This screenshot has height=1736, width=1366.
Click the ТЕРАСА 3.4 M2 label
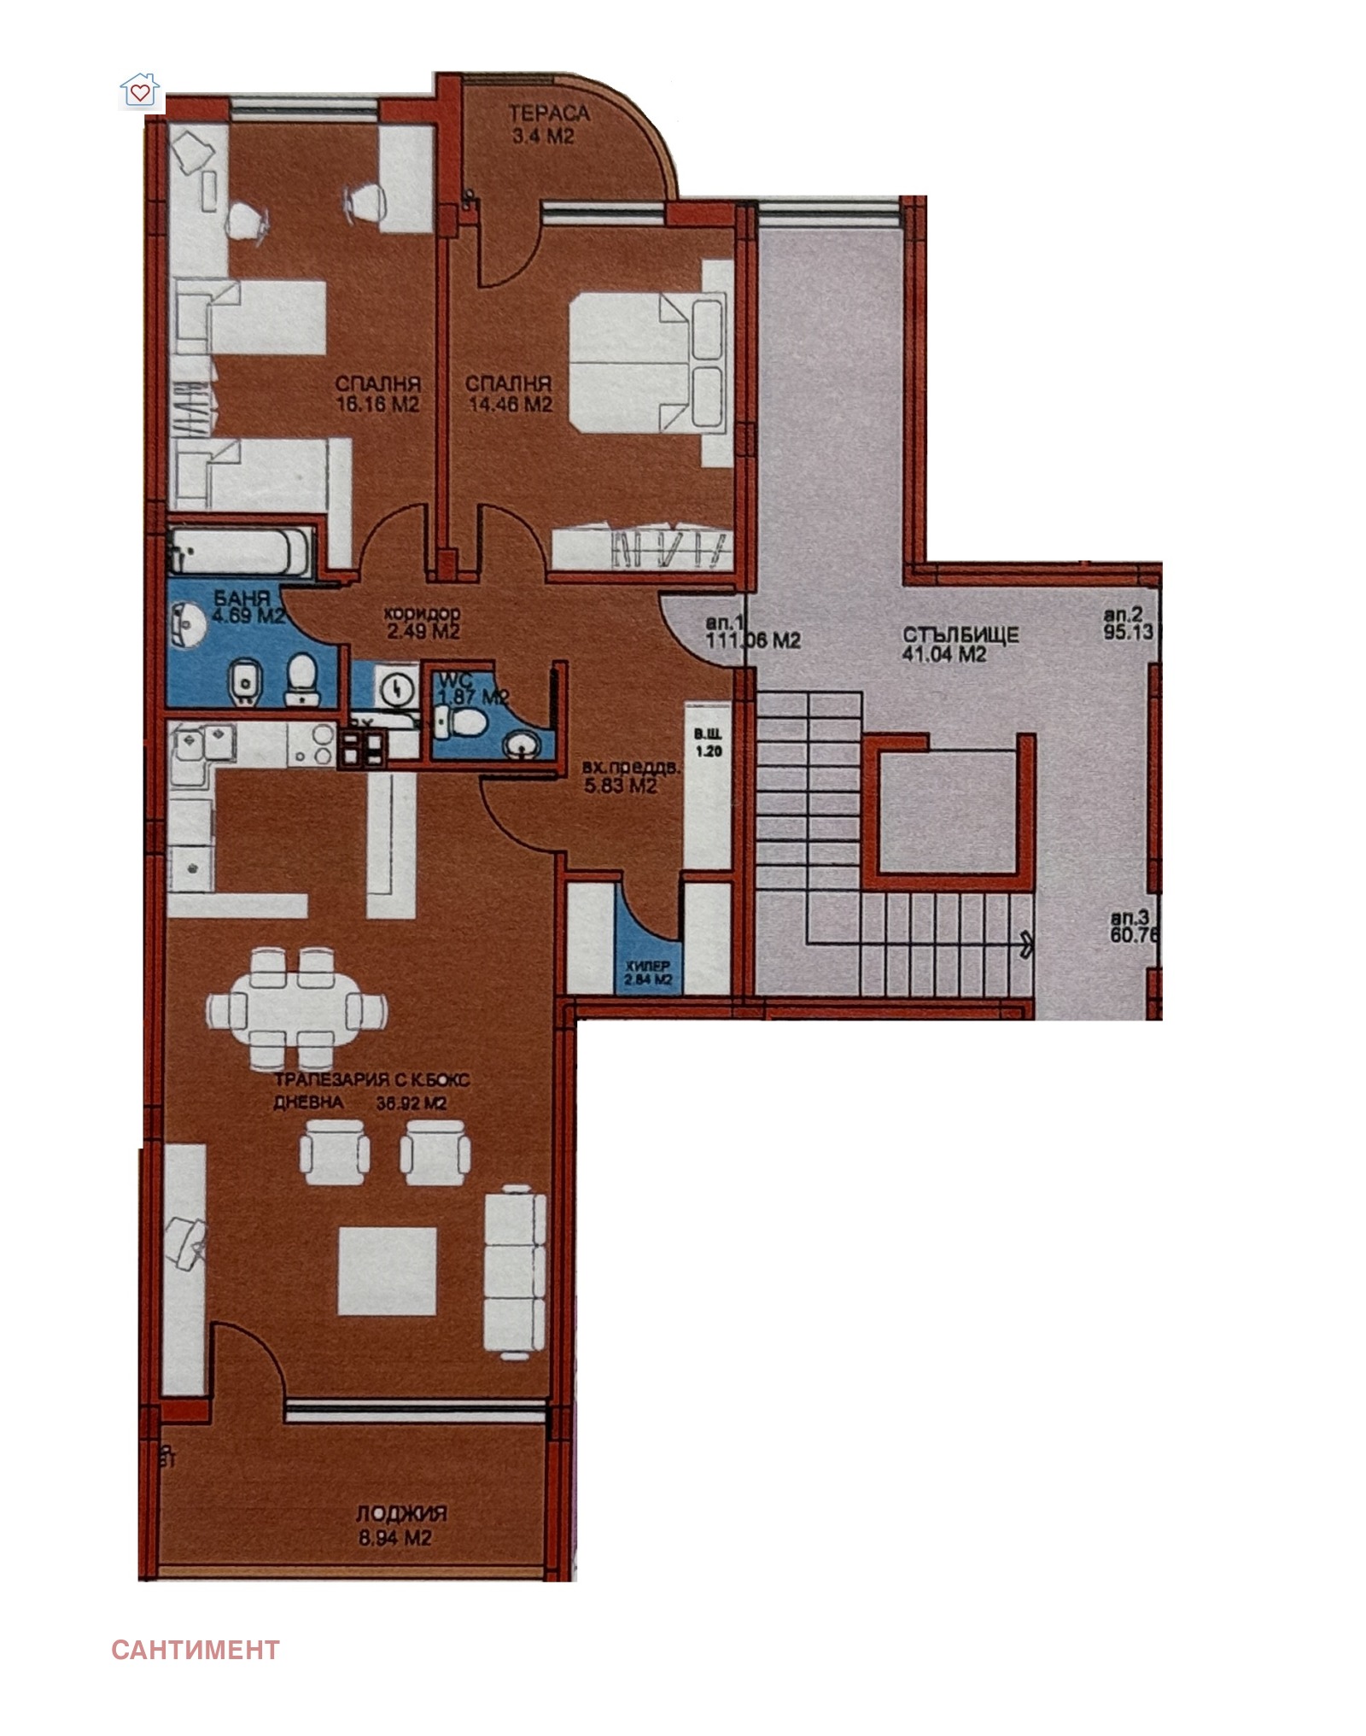(x=549, y=124)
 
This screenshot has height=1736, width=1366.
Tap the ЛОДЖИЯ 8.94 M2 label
(x=400, y=1526)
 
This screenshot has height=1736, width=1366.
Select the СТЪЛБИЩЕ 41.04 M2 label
(x=960, y=645)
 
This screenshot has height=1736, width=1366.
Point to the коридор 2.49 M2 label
(x=422, y=623)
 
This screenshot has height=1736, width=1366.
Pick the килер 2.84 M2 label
(x=648, y=973)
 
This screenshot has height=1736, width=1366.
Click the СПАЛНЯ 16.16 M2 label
(x=377, y=394)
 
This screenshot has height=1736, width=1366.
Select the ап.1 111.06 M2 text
(x=753, y=631)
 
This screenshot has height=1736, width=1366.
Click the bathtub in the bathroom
(x=241, y=551)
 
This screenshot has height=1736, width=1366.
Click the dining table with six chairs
(x=295, y=1008)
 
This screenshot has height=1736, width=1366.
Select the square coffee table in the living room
(x=387, y=1271)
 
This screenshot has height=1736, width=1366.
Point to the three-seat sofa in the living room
(x=515, y=1271)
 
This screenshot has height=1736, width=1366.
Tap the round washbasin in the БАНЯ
(x=189, y=625)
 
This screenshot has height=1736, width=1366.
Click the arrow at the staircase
(x=1025, y=944)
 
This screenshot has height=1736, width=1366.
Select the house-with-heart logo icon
(x=141, y=91)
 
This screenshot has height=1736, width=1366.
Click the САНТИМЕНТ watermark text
(x=196, y=1648)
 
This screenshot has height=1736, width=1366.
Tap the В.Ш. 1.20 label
(x=708, y=743)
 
